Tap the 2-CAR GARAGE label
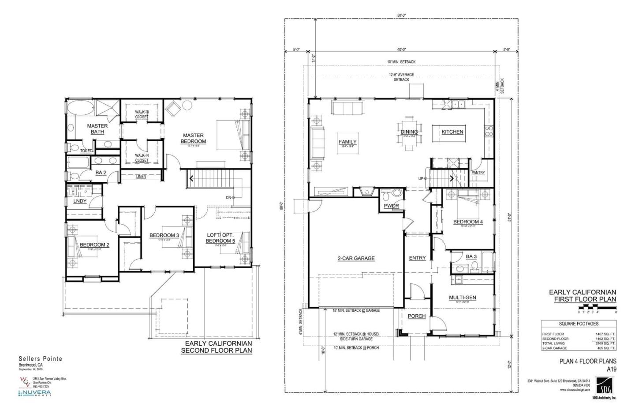click(x=356, y=258)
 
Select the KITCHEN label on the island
click(x=452, y=132)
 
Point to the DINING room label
click(x=409, y=132)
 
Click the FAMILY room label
click(x=347, y=142)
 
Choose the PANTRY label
click(x=478, y=173)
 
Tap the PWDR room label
click(x=391, y=206)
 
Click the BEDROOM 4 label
click(x=468, y=222)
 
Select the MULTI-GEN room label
click(x=462, y=298)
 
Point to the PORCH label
click(x=416, y=316)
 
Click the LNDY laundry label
click(x=80, y=201)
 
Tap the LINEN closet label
click(x=141, y=177)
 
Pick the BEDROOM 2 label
click(x=94, y=245)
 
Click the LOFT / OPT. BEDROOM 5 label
click(x=220, y=238)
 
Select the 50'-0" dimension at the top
click(x=401, y=15)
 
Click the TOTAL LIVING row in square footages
click(x=578, y=343)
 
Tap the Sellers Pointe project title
click(x=41, y=359)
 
